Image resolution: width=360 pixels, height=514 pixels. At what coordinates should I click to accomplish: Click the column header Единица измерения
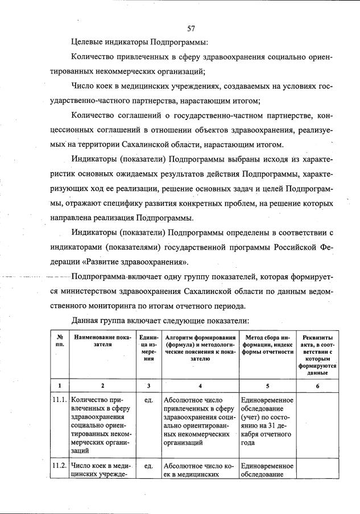(148, 348)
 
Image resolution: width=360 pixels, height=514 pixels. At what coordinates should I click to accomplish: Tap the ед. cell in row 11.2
(148, 466)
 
